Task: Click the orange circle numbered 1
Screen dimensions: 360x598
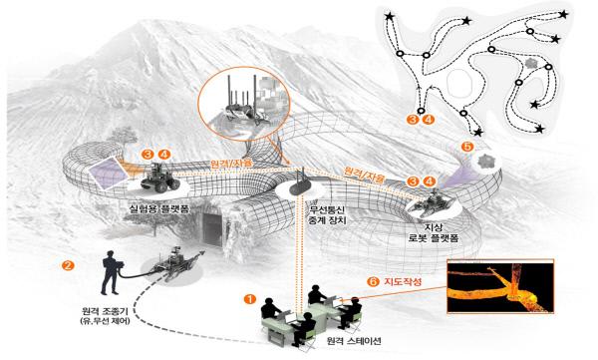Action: (250, 297)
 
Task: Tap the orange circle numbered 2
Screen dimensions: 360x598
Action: (68, 266)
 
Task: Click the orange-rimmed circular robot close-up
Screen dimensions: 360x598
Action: (242, 104)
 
